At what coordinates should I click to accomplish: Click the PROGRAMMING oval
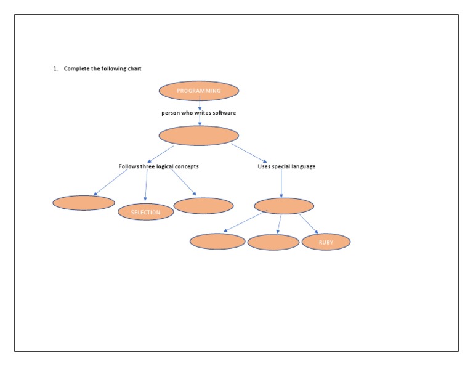click(x=199, y=91)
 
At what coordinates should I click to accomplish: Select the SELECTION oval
click(x=145, y=212)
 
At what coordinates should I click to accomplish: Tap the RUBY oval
click(x=326, y=242)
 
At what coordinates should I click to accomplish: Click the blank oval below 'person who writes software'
click(x=198, y=136)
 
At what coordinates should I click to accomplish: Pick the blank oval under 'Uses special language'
click(x=283, y=206)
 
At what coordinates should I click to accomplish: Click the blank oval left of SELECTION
click(x=84, y=203)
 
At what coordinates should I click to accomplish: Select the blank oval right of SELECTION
click(x=204, y=206)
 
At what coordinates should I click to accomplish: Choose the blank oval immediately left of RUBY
click(x=273, y=242)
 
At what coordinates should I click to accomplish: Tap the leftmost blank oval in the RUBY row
click(x=217, y=242)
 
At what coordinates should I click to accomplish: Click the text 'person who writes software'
click(x=198, y=113)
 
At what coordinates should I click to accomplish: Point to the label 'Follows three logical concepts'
click(x=158, y=166)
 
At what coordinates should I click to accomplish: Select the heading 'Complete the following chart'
click(x=102, y=68)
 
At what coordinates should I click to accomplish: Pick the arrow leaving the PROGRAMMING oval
click(x=200, y=104)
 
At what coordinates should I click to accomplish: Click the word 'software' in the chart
click(x=223, y=113)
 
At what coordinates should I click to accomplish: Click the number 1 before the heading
click(x=54, y=68)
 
